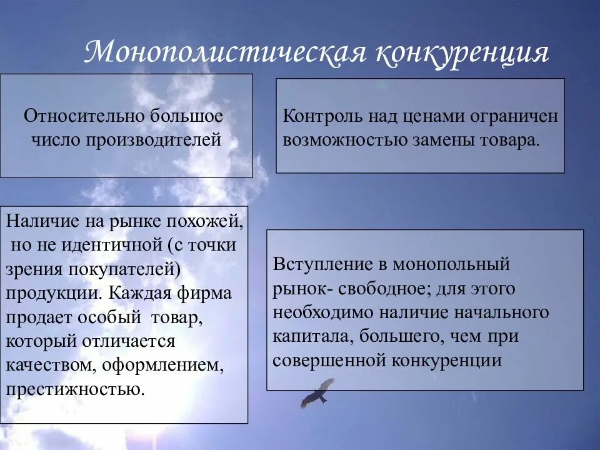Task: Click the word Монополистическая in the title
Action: click(x=224, y=52)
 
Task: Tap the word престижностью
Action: click(x=76, y=389)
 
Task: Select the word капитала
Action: click(x=306, y=336)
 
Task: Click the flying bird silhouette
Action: click(x=317, y=392)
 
